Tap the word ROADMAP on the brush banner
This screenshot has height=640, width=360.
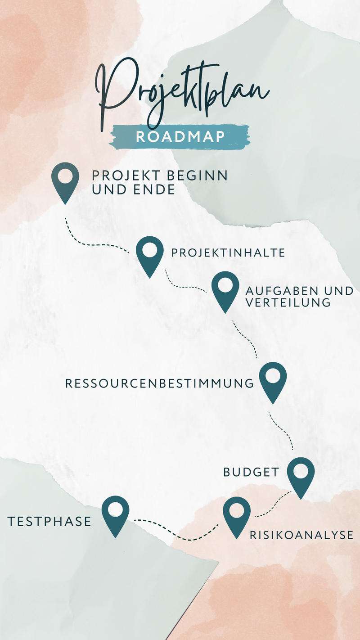click(180, 137)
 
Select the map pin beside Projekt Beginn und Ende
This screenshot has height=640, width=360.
click(65, 180)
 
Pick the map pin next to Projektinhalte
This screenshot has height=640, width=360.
click(150, 254)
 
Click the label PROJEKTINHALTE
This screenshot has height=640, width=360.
click(228, 253)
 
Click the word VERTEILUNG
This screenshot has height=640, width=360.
click(288, 302)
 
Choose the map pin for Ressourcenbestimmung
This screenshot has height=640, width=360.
click(273, 380)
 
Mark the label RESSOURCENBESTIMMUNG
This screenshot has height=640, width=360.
click(160, 383)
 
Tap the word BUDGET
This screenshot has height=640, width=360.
click(252, 472)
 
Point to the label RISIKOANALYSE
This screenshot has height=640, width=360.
click(301, 535)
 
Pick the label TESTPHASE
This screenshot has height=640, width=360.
click(49, 522)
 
